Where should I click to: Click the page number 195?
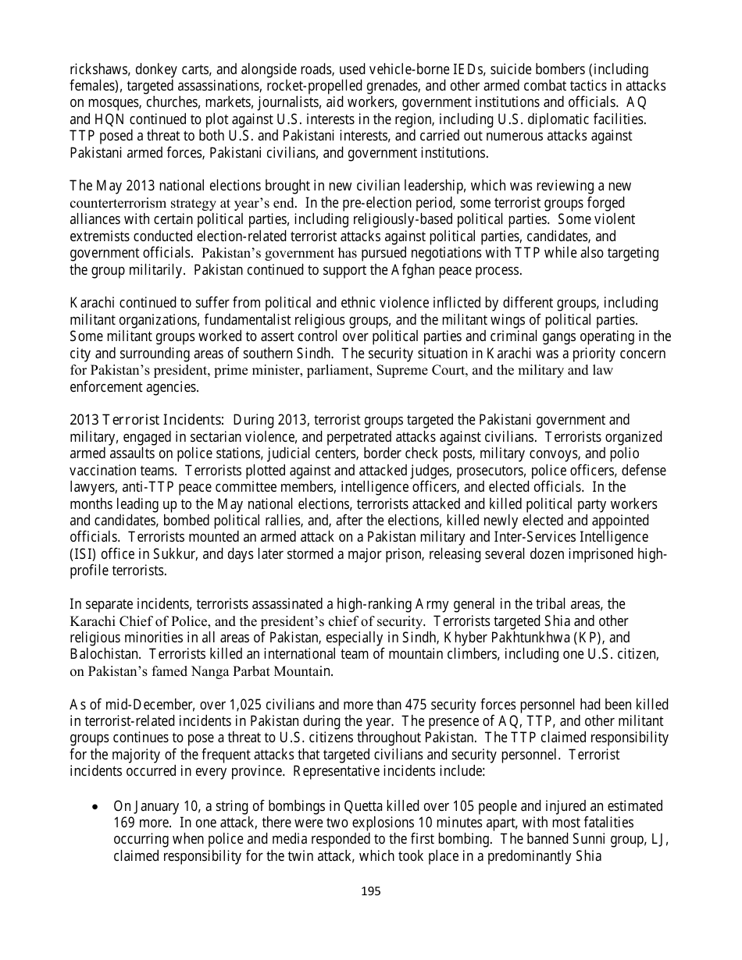point(371,891)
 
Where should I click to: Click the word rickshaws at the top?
point(99,70)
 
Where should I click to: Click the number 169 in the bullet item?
point(125,823)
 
